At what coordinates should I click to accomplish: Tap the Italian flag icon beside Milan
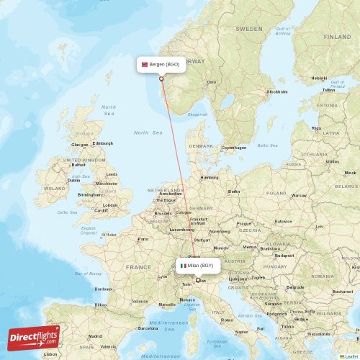(184, 266)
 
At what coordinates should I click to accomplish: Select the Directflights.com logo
(33, 337)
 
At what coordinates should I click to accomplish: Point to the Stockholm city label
(277, 92)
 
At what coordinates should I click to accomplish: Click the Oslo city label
(211, 82)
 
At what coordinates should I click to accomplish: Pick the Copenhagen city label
(233, 148)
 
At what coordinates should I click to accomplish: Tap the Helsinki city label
(318, 78)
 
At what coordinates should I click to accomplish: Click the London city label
(110, 205)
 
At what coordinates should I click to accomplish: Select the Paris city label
(143, 239)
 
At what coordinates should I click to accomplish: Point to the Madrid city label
(95, 336)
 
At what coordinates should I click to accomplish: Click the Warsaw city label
(298, 195)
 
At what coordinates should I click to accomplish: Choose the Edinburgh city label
(103, 143)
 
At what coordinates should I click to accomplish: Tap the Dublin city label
(73, 180)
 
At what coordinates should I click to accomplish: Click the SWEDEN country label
(249, 29)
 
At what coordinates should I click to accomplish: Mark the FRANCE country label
(138, 266)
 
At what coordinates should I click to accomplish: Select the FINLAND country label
(337, 36)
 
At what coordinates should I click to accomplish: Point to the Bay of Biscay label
(91, 274)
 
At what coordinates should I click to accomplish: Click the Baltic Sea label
(267, 145)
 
